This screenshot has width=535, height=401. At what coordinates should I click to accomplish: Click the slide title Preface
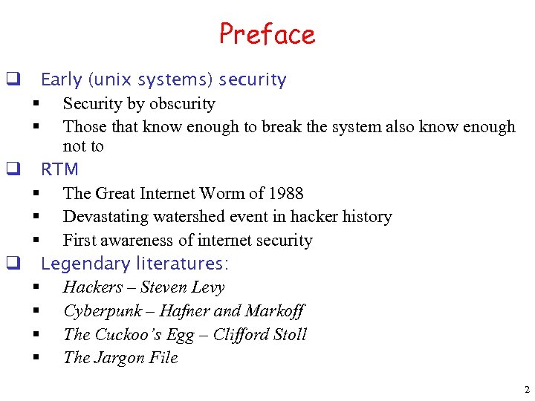tap(267, 34)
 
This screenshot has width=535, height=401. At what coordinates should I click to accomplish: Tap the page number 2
tap(527, 389)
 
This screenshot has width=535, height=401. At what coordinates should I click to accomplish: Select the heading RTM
tap(59, 169)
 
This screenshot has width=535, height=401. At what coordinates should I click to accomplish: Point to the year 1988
tap(286, 194)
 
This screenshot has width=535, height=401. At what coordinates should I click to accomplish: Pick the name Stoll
tap(289, 335)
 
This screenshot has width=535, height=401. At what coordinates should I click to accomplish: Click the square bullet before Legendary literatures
tap(12, 262)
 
